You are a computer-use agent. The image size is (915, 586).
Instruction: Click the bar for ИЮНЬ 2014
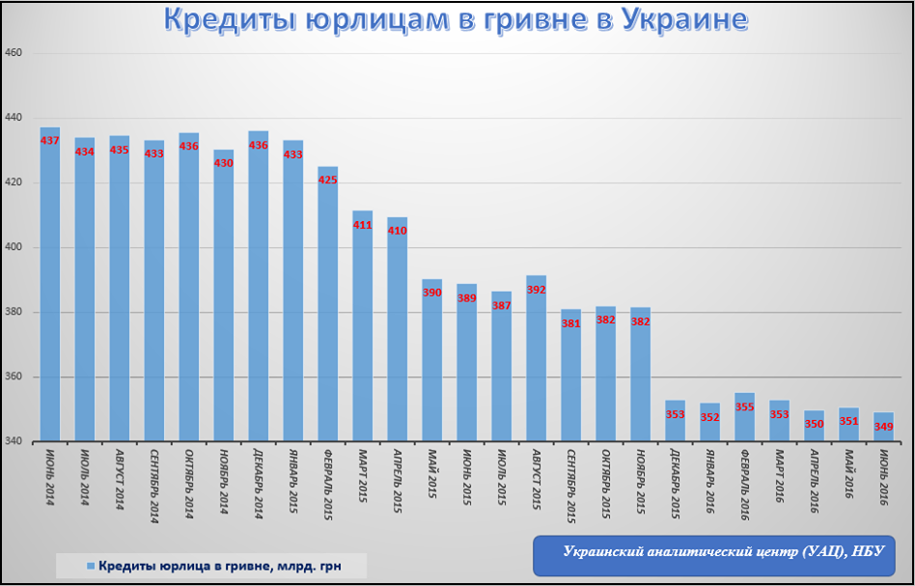click(x=50, y=290)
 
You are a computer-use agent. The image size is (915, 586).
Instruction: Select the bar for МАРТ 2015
click(x=363, y=328)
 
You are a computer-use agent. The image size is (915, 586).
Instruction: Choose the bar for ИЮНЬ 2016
click(x=883, y=430)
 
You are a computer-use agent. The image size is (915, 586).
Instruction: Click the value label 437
click(x=50, y=141)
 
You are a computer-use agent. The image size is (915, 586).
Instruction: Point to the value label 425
click(x=328, y=180)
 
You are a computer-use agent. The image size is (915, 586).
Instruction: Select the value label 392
click(x=537, y=289)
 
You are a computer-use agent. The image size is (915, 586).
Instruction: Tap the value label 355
click(x=745, y=406)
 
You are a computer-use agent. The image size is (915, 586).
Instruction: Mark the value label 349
click(x=883, y=426)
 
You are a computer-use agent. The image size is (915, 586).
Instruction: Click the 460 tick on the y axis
click(x=14, y=53)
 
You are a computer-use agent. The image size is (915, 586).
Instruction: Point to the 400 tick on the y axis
click(x=14, y=248)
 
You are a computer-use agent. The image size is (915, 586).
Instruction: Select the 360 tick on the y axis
click(x=14, y=377)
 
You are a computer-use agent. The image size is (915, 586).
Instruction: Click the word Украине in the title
click(x=682, y=21)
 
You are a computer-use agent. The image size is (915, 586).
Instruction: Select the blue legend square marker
click(x=90, y=565)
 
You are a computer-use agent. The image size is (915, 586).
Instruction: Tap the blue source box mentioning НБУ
click(x=723, y=552)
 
